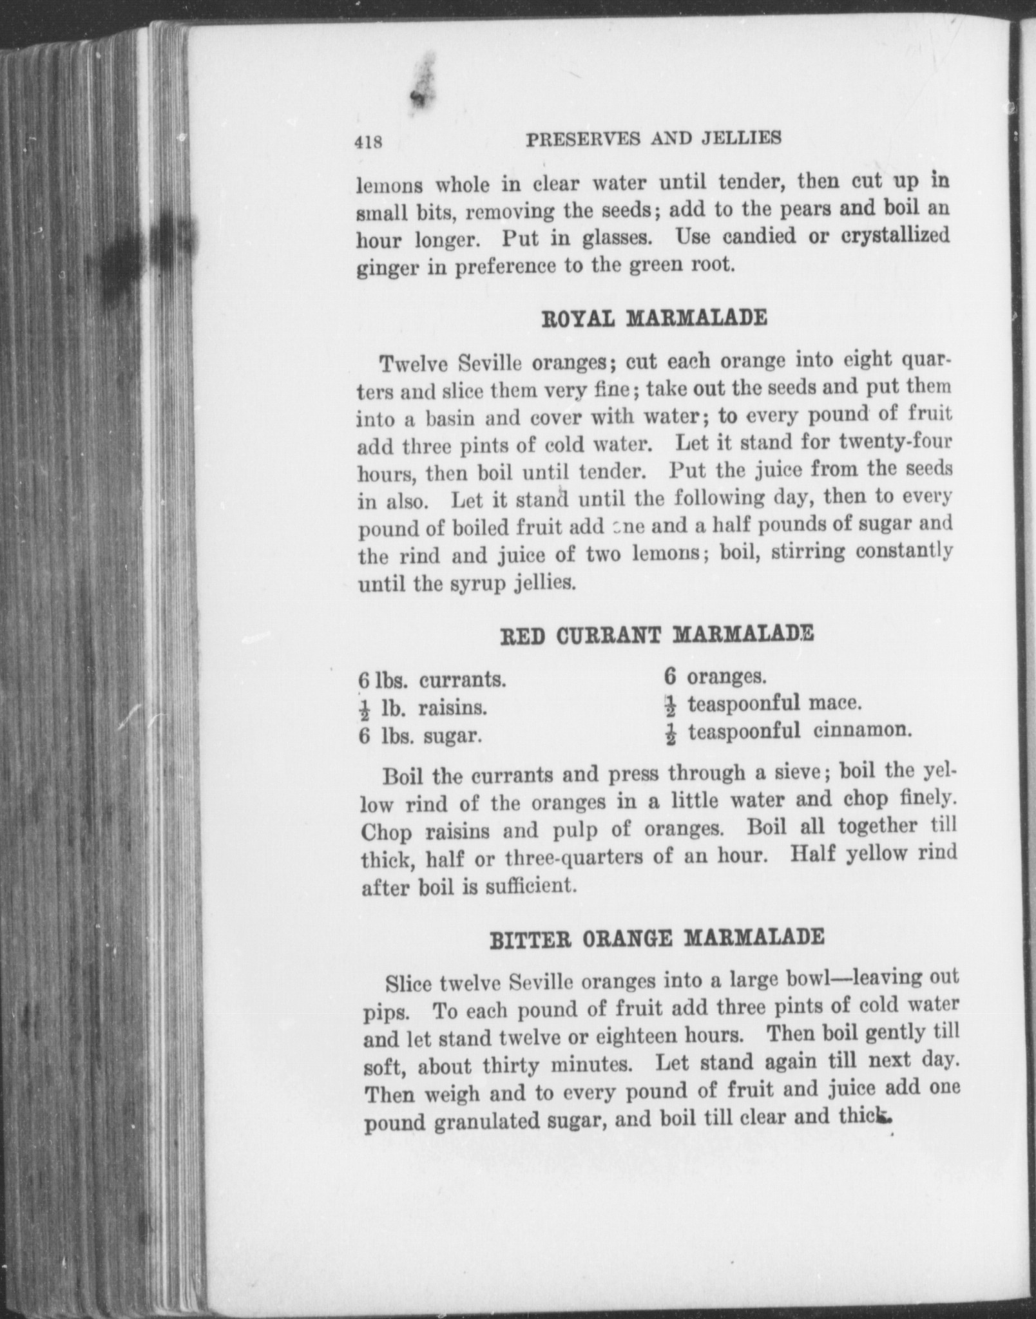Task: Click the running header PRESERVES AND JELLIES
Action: point(653,138)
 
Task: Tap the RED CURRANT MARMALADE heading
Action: point(657,635)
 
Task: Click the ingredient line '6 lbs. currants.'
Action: point(432,680)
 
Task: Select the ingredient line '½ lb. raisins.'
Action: point(423,708)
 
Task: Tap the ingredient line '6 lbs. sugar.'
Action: point(421,735)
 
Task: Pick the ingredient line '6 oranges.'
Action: point(715,676)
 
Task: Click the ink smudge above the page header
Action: point(423,84)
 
